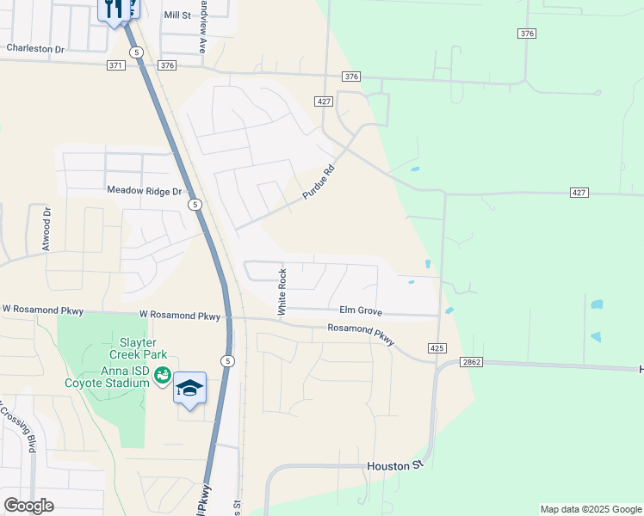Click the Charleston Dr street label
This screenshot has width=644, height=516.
(x=35, y=49)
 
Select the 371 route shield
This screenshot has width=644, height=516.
(x=116, y=65)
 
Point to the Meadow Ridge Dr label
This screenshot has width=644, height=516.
(x=145, y=190)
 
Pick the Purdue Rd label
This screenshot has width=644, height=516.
(x=318, y=183)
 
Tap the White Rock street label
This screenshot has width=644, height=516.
(x=281, y=292)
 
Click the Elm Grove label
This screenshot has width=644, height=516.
(x=360, y=311)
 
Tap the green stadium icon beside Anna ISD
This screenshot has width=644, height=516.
(x=161, y=375)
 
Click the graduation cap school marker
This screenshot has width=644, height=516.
(x=189, y=389)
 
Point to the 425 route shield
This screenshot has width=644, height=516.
(x=437, y=348)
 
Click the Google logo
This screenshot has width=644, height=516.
(x=29, y=506)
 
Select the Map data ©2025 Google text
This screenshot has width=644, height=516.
(x=591, y=509)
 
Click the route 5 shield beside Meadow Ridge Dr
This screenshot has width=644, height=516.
(x=195, y=205)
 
